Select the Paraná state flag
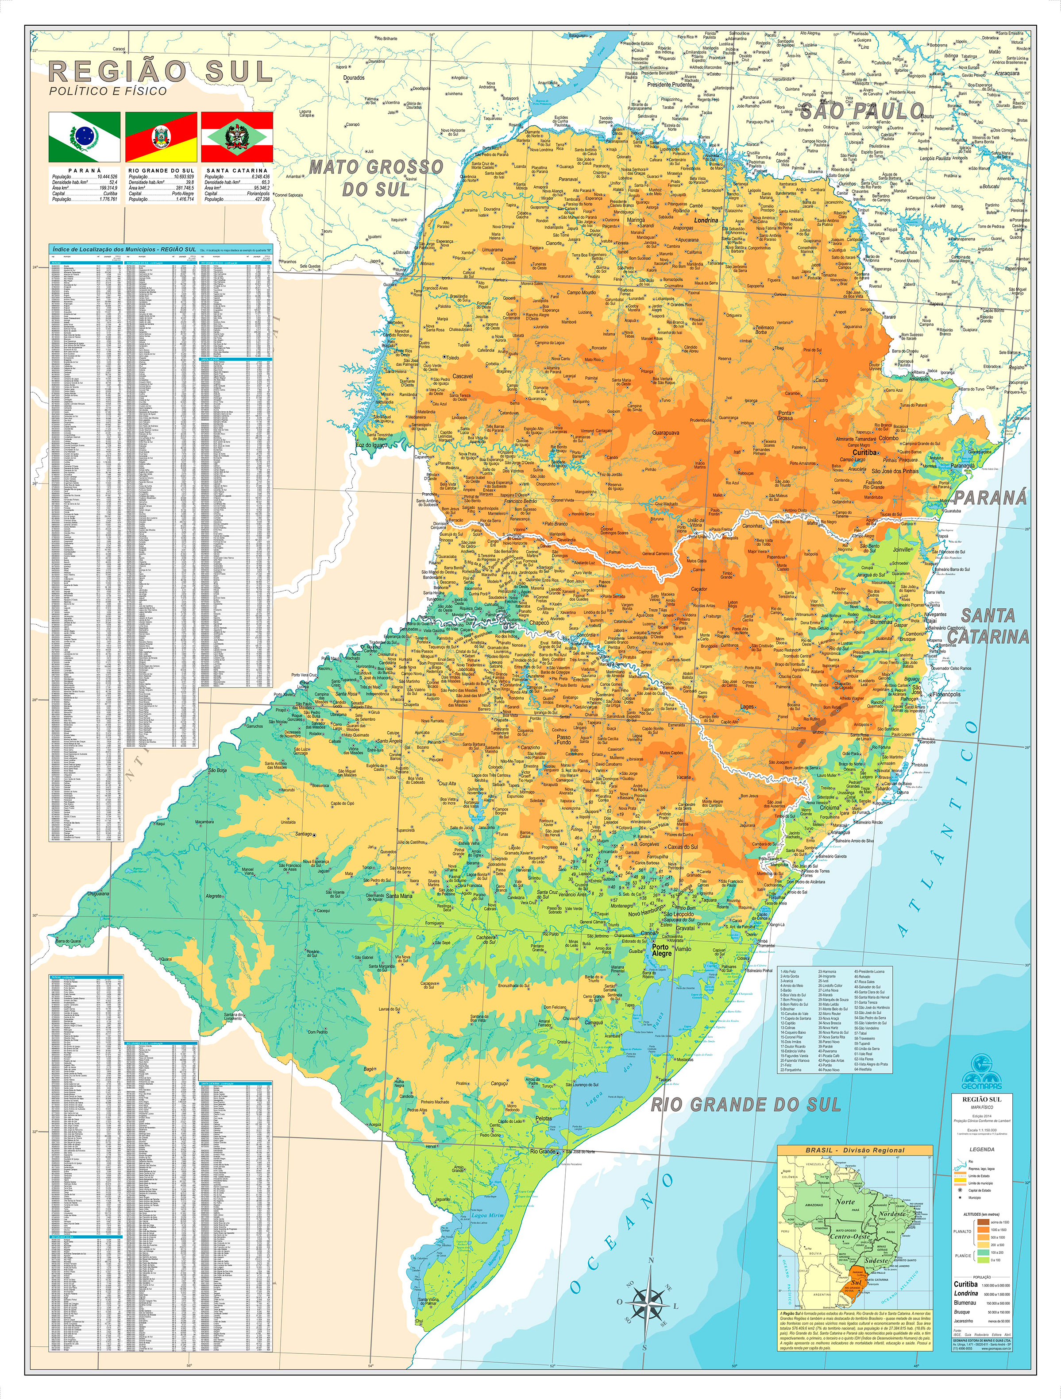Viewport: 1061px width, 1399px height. [84, 137]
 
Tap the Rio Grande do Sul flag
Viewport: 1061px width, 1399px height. [161, 137]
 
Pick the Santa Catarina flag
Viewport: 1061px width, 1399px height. [237, 137]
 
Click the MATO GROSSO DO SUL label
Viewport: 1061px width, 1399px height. [376, 178]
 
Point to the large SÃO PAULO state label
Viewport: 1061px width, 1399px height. [861, 112]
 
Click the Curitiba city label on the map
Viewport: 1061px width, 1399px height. [865, 453]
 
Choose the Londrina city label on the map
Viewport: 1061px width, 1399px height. [706, 221]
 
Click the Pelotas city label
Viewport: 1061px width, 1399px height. [544, 1118]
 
